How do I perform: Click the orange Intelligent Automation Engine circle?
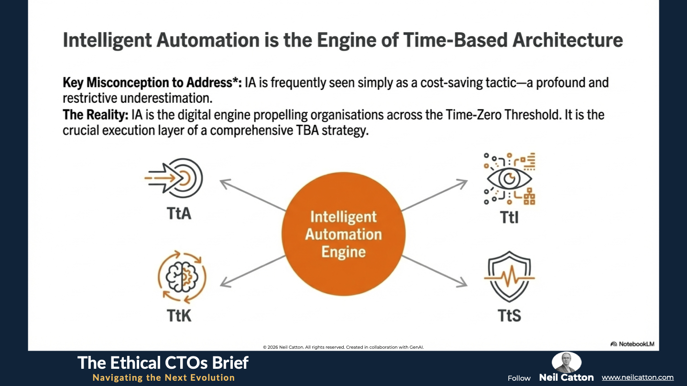coord(343,234)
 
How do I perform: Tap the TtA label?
coord(179,213)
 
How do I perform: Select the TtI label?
coord(509,217)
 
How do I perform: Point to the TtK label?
coord(179,315)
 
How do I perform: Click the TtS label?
coord(509,315)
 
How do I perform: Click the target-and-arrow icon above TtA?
coord(174,178)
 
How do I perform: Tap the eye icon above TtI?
coord(510,178)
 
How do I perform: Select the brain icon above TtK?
coord(182,277)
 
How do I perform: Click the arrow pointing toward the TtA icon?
coord(253,195)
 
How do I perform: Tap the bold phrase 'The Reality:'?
coord(96,115)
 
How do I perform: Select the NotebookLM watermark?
coord(632,344)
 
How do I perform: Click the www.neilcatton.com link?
coord(638,377)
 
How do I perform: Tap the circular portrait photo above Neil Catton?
coord(566,362)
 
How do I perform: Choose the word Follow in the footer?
coord(519,378)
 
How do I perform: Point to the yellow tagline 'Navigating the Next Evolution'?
coord(164,377)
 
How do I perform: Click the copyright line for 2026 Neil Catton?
coord(343,347)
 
